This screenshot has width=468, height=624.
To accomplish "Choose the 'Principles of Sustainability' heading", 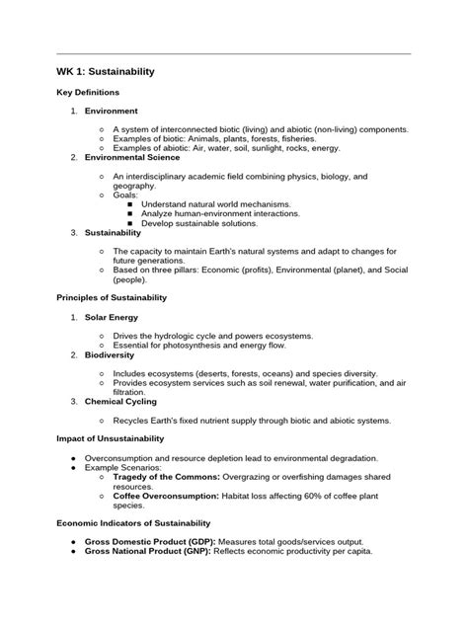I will coord(112,297).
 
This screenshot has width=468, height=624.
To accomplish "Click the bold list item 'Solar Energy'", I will coord(111,317).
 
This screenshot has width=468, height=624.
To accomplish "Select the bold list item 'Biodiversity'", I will coord(110,354).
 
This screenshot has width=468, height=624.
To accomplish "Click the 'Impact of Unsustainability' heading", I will coord(110,438).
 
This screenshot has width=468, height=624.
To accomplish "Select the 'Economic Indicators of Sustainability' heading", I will coord(131,522).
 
